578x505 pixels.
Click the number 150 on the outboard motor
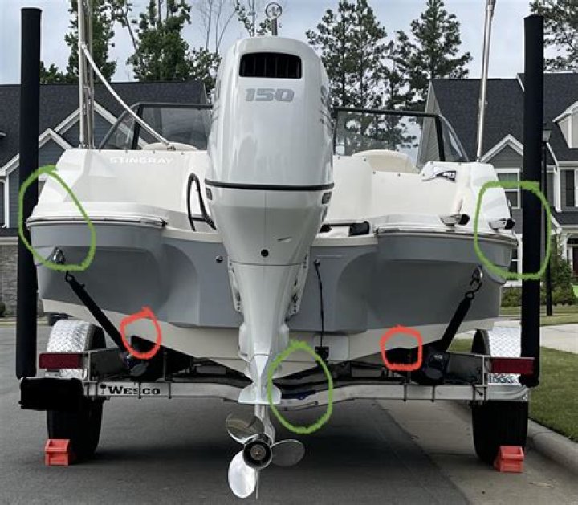point(269,95)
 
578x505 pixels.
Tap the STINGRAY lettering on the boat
point(140,161)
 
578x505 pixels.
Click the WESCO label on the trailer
point(134,390)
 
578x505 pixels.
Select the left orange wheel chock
point(58,452)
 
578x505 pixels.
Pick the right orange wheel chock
point(509,459)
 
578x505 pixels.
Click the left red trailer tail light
point(60,360)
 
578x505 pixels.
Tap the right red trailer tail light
point(511,366)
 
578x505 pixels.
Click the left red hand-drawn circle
point(140,332)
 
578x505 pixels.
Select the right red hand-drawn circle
point(401,348)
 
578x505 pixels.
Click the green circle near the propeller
point(299,386)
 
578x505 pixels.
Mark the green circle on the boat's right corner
point(511,230)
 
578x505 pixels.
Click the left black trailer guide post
point(30,193)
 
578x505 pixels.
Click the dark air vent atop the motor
point(270,65)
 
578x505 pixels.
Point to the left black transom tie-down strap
point(95,305)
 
